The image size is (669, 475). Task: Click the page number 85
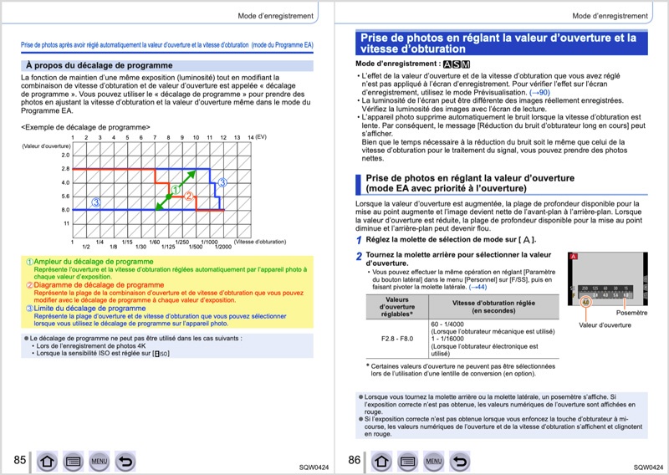click(x=19, y=460)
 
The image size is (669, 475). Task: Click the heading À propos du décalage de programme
click(x=100, y=65)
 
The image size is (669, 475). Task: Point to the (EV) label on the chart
click(x=261, y=137)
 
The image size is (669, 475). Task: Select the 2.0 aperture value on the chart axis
click(x=65, y=155)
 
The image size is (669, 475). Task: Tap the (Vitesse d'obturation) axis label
click(x=260, y=242)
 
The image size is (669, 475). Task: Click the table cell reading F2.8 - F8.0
click(x=397, y=339)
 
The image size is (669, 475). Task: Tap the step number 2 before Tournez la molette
click(x=359, y=256)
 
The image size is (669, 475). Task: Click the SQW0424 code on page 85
click(x=312, y=467)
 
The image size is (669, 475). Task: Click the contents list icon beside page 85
click(x=73, y=461)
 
